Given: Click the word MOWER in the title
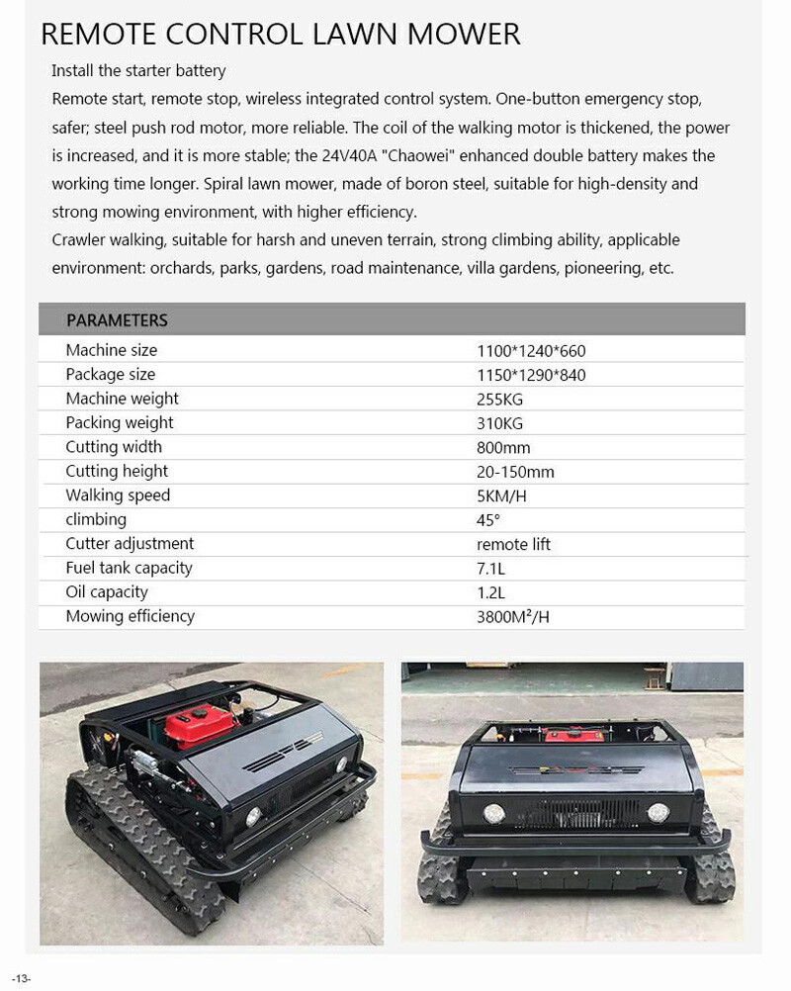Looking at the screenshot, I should tap(461, 35).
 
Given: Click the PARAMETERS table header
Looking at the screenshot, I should tap(117, 320).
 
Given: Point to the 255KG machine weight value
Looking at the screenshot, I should tap(499, 400).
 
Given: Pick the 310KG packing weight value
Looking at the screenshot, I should tap(499, 423).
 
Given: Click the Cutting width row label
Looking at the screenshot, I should tap(114, 447).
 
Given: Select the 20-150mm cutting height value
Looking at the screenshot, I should tap(515, 472).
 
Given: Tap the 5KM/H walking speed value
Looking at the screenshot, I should tap(501, 495).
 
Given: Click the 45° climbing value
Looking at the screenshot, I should tap(488, 520).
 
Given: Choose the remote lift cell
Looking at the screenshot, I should tap(513, 544).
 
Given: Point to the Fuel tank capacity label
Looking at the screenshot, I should tap(129, 568).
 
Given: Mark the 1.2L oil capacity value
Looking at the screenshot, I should tap(490, 592).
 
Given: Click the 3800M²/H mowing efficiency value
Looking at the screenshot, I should tap(513, 617).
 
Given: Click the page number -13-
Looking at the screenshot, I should tap(22, 978).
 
